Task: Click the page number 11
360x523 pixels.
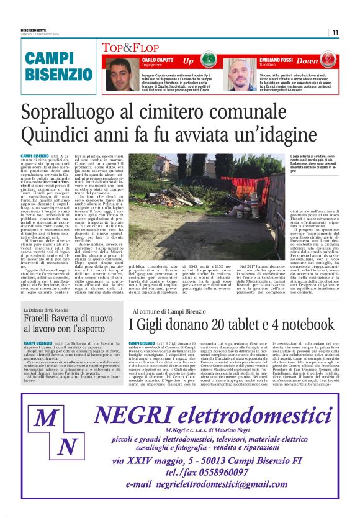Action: (x=335, y=32)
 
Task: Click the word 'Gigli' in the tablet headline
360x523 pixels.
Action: (x=158, y=324)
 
